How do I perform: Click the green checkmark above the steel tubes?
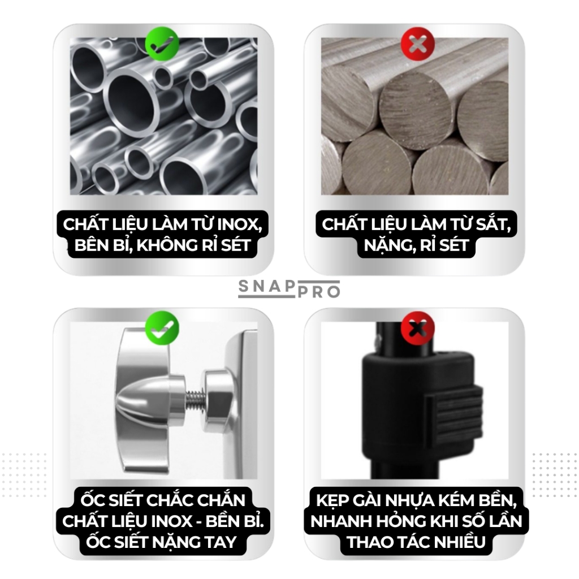point(162,44)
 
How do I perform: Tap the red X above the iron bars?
point(418,44)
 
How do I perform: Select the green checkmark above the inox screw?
point(162,328)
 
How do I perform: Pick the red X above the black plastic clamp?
point(418,328)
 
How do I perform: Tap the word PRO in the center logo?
point(319,292)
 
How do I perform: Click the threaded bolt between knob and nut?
point(194,400)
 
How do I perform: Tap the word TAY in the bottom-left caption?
point(221,542)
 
